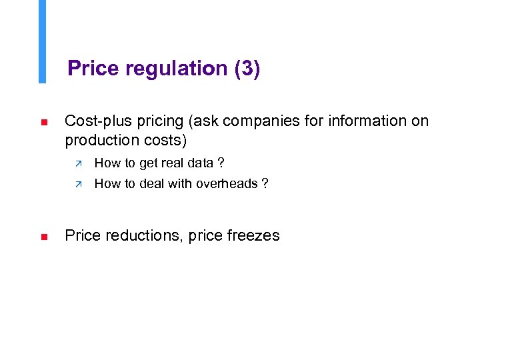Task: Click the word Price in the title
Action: coord(92,69)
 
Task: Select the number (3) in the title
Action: coord(247,69)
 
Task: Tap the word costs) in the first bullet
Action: coord(165,141)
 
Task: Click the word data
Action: coord(200,163)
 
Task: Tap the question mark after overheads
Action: coord(265,183)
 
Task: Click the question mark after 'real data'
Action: coord(221,163)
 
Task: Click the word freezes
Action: coord(252,235)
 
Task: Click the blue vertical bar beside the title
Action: coord(42,41)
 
